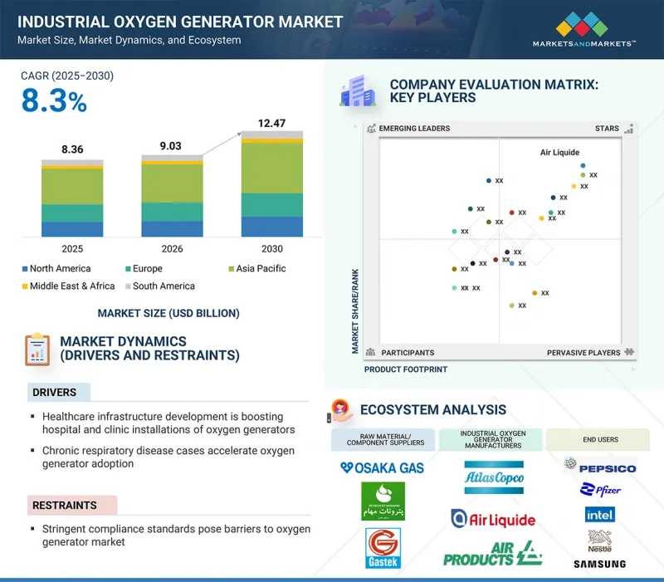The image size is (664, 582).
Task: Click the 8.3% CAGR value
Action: (x=54, y=102)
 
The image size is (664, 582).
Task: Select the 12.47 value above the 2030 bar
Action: (x=271, y=124)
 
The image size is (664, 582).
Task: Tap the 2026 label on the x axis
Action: (x=172, y=248)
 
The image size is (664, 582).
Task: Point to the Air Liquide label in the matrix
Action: (x=559, y=153)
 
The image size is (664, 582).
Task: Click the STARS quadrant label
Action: (x=607, y=129)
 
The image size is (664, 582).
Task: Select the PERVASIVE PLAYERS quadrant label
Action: (x=583, y=353)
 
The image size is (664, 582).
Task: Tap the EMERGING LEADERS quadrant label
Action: (x=414, y=129)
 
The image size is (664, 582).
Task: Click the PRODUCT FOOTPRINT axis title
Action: (x=405, y=369)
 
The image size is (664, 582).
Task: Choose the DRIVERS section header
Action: (x=54, y=392)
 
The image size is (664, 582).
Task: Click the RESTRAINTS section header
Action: (x=65, y=505)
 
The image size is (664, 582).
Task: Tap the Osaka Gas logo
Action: (x=382, y=468)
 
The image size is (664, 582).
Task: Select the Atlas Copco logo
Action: (x=493, y=477)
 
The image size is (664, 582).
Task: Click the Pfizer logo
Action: (x=602, y=490)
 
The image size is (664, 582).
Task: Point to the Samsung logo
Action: (x=599, y=565)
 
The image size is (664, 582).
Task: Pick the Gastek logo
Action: (x=382, y=550)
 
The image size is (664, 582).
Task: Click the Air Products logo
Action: (x=493, y=554)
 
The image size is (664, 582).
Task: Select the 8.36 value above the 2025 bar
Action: (x=72, y=149)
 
